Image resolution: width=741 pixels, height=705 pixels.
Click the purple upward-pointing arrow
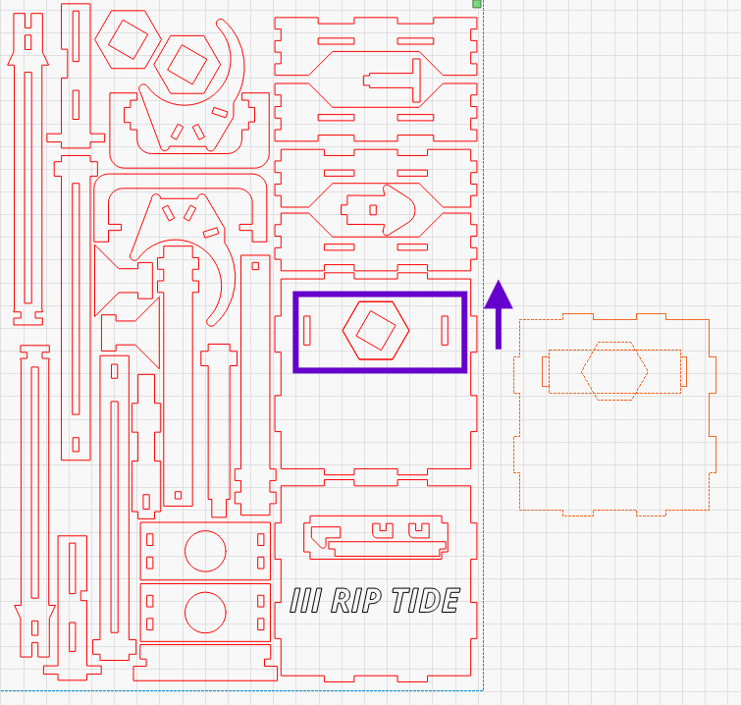[499, 312]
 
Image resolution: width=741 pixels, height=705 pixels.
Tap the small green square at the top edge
[477, 4]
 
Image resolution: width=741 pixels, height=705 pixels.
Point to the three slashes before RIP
[306, 600]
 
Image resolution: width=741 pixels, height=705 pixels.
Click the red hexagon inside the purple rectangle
[376, 331]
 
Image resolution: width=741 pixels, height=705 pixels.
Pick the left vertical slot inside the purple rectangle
[307, 331]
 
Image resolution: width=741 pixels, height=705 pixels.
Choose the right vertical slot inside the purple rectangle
[445, 331]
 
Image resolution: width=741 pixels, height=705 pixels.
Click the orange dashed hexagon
[614, 371]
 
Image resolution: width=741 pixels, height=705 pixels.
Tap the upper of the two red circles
[206, 551]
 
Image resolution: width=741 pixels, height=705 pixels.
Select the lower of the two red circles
[206, 612]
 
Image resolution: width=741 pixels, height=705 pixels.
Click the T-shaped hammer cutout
[401, 80]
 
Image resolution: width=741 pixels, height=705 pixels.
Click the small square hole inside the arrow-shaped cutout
[373, 209]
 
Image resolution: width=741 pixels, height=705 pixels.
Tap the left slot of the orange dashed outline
[547, 371]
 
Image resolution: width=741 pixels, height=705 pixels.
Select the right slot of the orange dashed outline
[684, 371]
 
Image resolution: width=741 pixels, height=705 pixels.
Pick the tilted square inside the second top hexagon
[186, 65]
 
